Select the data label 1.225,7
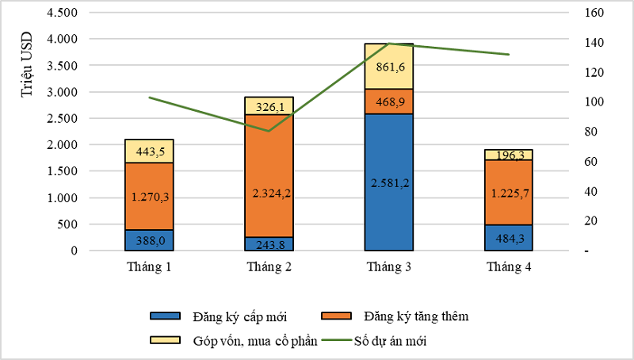coord(509,192)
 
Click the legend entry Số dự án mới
coord(409,341)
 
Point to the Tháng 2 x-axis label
coord(269,267)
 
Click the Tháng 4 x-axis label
coord(509,267)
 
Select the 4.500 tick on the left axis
coord(61,13)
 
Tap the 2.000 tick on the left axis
coord(61,145)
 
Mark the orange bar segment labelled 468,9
coord(388,101)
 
